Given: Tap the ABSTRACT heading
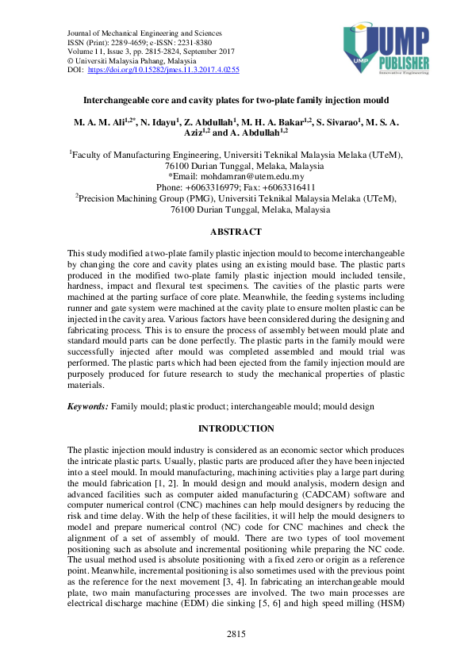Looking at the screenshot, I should (235, 232).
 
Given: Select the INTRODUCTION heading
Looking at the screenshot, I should (236, 428).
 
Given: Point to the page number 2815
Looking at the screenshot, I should (236, 635).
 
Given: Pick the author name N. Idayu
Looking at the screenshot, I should (162, 124).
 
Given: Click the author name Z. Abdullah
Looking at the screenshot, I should (214, 124).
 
